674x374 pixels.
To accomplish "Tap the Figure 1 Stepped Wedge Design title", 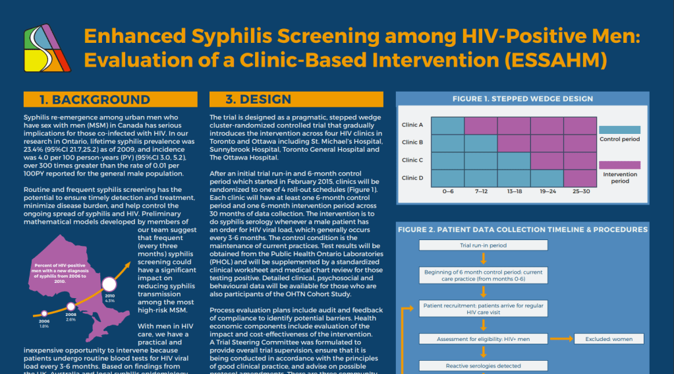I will tap(522, 98).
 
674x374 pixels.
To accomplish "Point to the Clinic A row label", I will tap(412, 125).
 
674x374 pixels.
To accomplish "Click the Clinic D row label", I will tap(412, 177).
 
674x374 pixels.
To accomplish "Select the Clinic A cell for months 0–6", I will tap(448, 125).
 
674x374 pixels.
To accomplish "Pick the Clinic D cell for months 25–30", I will tap(580, 177).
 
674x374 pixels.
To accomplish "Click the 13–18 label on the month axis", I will tap(514, 191).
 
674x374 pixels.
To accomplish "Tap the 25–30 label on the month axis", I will tap(580, 191).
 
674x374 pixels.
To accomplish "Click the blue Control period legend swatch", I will tap(619, 130).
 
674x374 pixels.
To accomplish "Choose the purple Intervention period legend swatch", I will tap(619, 165).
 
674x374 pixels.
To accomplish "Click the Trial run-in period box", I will tap(484, 245).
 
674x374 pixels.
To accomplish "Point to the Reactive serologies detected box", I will tap(484, 365).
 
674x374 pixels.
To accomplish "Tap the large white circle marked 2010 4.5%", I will tap(109, 285).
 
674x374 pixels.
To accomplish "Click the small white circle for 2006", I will tap(44, 313).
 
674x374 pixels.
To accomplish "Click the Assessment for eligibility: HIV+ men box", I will tap(484, 339).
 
